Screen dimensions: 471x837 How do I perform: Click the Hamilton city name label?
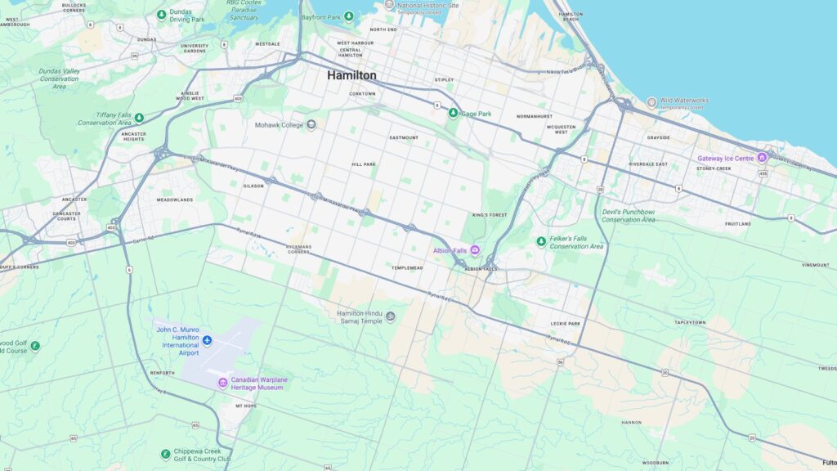coord(351,75)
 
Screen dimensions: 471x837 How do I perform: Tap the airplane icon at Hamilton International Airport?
coord(207,339)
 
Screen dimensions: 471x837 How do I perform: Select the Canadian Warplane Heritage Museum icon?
coord(222,384)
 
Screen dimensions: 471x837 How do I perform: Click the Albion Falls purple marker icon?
coord(474,249)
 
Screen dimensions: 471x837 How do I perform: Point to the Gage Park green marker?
coord(453,113)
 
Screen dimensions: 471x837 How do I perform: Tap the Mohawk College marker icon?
coord(311,125)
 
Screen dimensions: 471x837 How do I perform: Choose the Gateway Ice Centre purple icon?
coord(762,158)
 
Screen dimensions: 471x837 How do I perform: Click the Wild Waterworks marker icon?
coord(651,102)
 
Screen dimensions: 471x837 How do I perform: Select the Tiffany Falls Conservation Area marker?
coord(139,119)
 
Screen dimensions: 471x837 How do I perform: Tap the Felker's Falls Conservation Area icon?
coord(540,241)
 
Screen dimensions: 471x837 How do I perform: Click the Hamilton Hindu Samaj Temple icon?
coord(390,316)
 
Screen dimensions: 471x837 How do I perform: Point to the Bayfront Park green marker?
coord(349,16)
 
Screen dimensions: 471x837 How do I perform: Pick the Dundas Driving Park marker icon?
coord(162,14)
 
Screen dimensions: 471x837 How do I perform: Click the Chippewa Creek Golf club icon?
coord(165,453)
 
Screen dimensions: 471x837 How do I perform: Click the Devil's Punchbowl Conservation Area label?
coord(628,215)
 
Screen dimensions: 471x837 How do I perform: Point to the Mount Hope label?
coord(245,406)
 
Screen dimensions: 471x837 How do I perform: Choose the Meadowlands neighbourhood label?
coord(175,200)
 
